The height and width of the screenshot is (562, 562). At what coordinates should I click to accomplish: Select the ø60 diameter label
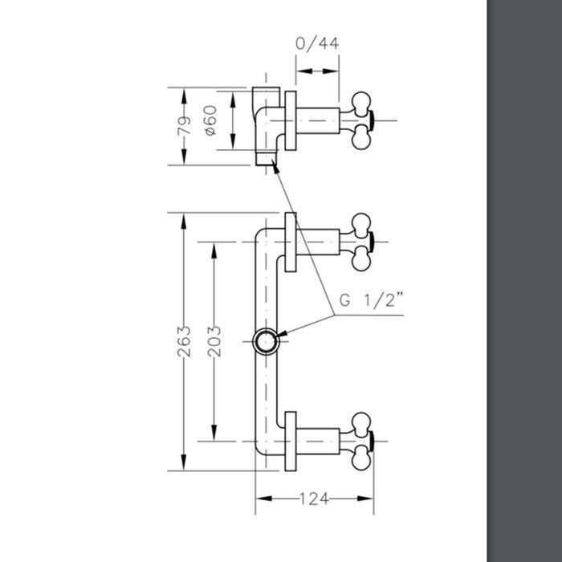212,120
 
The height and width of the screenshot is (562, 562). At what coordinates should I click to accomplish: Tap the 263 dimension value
183,341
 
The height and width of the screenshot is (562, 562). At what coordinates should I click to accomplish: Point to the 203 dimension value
214,341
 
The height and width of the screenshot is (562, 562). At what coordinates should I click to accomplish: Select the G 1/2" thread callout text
370,302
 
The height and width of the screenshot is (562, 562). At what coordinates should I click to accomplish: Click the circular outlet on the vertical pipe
265,341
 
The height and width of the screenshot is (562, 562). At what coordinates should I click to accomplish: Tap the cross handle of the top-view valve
361,121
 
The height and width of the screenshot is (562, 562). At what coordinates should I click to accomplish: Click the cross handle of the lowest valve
361,441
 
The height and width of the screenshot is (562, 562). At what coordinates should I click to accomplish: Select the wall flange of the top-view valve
291,120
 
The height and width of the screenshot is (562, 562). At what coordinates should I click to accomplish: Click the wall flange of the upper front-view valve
291,242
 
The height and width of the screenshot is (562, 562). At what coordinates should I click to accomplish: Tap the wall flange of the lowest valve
291,441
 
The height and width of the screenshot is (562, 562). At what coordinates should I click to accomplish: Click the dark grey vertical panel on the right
523,281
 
